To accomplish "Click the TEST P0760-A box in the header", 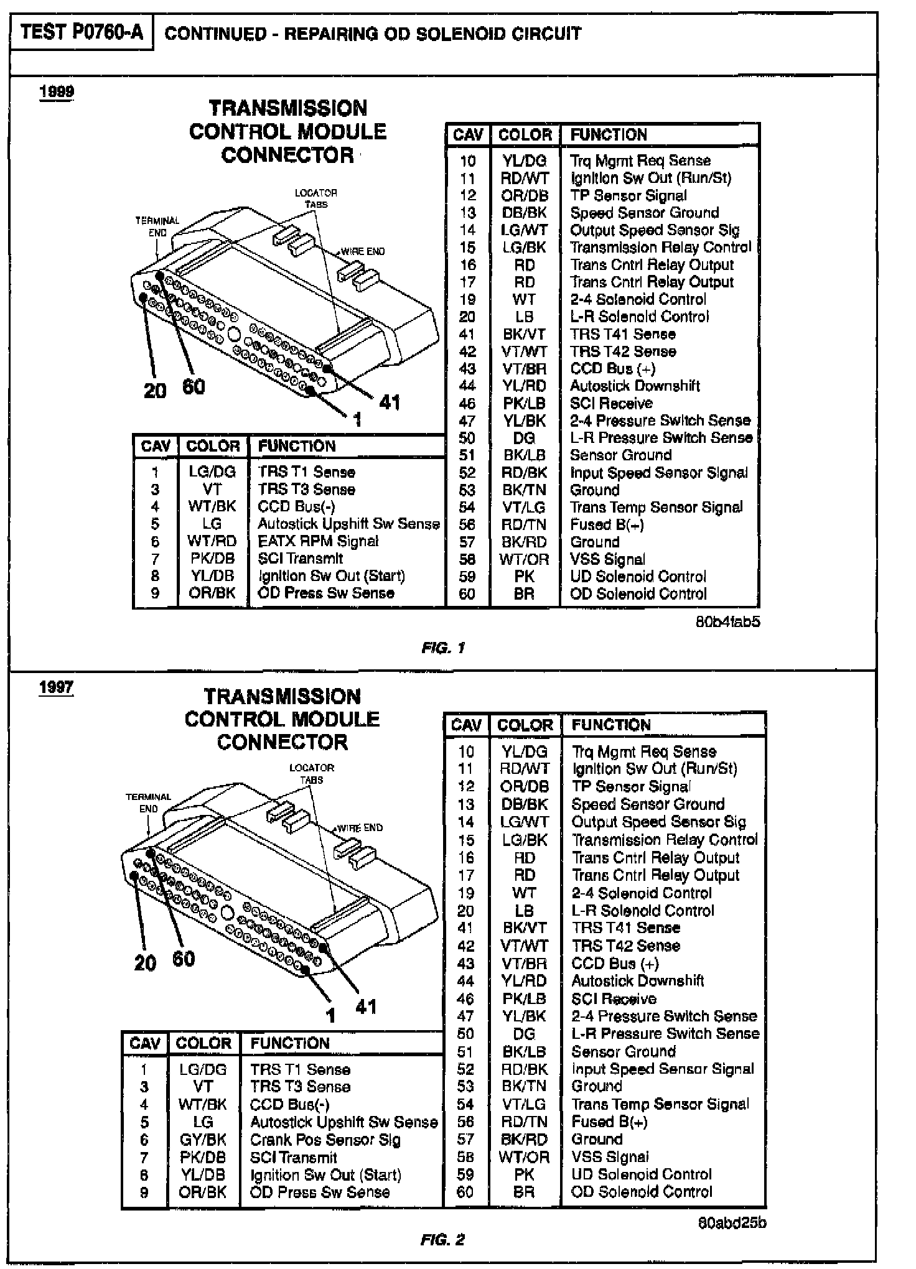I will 82,32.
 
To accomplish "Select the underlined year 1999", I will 57,92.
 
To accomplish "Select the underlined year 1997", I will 56,688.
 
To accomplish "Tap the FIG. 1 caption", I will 443,648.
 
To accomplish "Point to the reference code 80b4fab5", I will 727,621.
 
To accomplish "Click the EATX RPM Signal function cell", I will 318,541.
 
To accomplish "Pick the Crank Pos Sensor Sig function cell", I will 325,1140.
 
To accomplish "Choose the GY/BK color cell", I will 203,1140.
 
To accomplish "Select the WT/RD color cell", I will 212,541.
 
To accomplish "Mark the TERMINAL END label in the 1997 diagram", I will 148,803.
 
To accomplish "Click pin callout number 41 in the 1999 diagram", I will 390,402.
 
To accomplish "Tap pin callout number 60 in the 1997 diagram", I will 184,959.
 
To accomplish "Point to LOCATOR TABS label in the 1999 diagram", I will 315,198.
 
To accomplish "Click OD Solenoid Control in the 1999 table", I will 638,594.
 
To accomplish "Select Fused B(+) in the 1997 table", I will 609,1122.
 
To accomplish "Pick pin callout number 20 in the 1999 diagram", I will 155,391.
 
